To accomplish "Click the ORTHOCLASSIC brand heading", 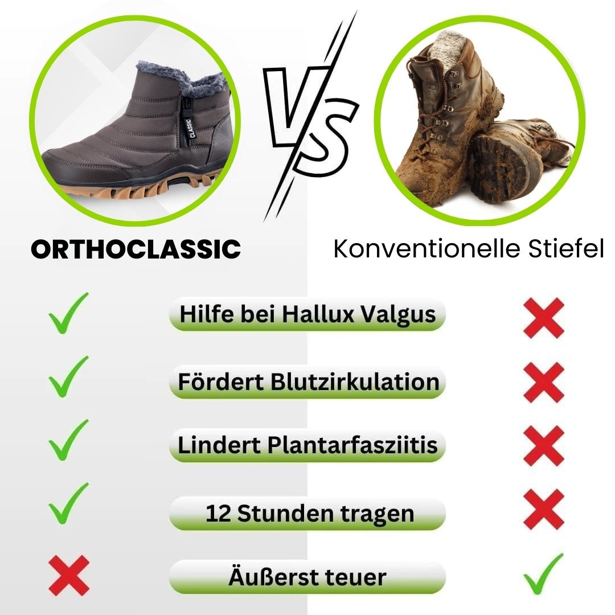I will point(136,249).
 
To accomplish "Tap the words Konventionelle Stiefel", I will point(468,249).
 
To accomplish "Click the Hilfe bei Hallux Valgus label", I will point(307,314).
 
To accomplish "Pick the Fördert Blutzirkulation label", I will point(307,381).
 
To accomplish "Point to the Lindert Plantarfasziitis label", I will point(307,445).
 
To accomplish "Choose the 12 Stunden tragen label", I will point(307,514).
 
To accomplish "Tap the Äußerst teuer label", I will point(307,577).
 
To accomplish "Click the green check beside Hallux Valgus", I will point(69,313).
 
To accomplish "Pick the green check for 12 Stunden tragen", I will point(69,503).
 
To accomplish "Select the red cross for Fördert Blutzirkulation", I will point(544,382).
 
